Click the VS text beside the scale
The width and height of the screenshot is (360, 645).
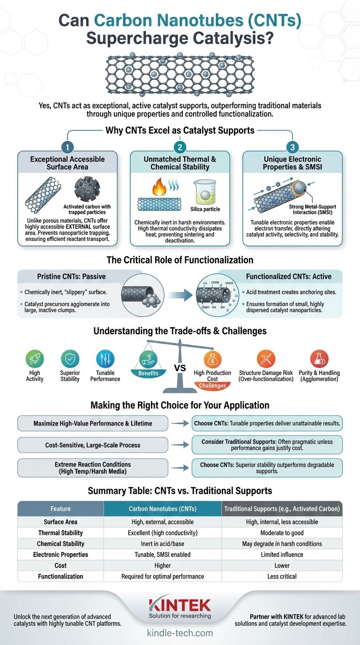180,368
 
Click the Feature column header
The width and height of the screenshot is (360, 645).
60,509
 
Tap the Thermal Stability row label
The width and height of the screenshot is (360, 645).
60,532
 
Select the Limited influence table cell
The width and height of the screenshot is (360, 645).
282,555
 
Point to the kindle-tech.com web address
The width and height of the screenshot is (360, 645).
180,633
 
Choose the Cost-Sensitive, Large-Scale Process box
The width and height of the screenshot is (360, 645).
93,445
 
